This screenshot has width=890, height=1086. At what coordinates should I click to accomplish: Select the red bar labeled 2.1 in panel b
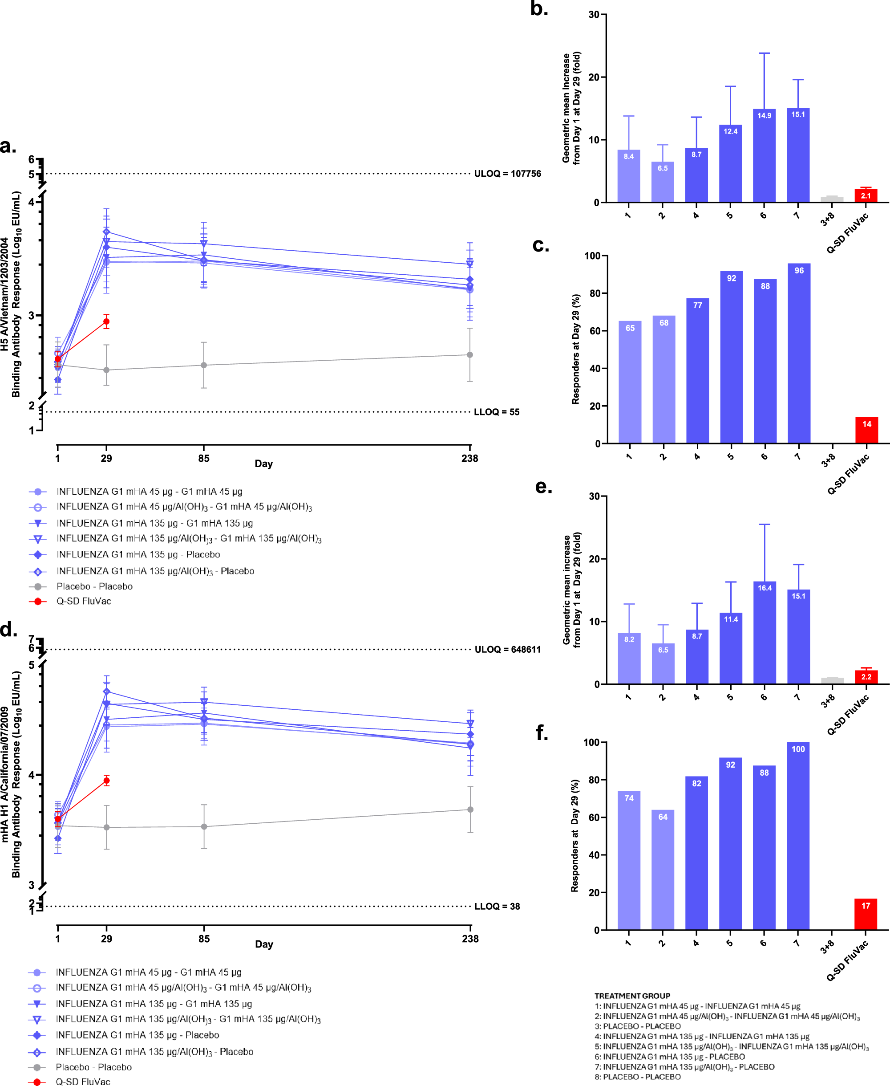(866, 195)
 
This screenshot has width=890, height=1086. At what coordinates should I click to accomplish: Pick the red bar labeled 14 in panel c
(866, 430)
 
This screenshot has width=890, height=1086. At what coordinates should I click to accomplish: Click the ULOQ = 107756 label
(507, 173)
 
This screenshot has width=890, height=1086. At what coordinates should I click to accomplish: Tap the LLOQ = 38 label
(497, 907)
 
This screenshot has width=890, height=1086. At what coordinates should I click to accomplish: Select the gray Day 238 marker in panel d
(470, 809)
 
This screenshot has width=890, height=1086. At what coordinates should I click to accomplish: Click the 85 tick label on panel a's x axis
(203, 458)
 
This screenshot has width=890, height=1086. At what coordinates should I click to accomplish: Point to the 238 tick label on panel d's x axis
(470, 939)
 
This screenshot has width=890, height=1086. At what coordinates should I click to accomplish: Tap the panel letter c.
(540, 245)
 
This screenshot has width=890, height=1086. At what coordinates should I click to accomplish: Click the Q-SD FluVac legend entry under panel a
(83, 601)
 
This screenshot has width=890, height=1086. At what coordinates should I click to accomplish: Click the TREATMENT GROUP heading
(632, 996)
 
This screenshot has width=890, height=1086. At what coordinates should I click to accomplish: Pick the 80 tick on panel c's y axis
(594, 293)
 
